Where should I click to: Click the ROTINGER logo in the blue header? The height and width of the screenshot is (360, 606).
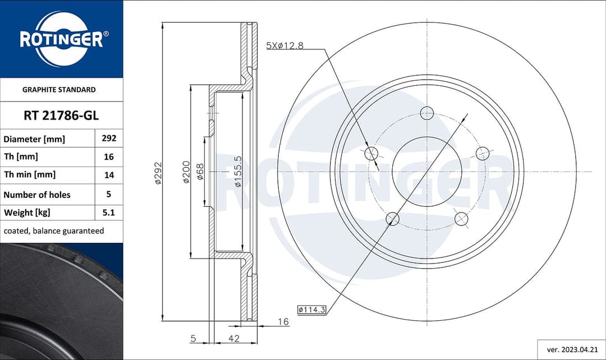point(61,39)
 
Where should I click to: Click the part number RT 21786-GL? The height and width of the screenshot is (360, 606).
point(61,116)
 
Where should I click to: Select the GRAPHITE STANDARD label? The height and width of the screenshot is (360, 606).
point(59,90)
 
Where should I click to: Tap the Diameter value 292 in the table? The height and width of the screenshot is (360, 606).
point(109,139)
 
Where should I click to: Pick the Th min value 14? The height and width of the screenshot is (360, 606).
point(109,175)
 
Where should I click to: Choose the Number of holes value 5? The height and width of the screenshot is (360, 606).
point(109,195)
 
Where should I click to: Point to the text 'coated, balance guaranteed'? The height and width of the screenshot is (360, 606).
point(54,231)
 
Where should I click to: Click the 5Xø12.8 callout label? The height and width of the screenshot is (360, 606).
point(284,46)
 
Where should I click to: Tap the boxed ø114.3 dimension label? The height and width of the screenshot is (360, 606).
point(311,309)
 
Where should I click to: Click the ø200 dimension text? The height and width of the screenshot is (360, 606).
point(186,172)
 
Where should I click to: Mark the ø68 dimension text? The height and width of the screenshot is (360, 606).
point(200,172)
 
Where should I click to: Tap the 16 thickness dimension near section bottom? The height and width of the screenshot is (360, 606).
point(283,321)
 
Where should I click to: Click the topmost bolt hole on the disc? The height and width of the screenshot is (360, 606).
point(427,112)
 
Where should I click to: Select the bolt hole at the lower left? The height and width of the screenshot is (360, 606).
point(393,219)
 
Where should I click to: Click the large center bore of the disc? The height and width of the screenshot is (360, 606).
point(427,172)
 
